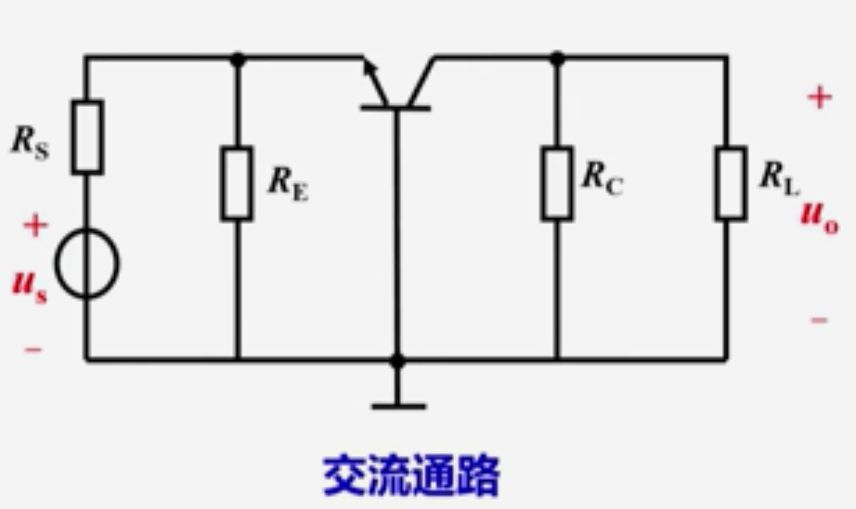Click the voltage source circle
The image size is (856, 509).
87,265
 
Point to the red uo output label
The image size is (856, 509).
819,219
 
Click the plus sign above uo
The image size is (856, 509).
818,98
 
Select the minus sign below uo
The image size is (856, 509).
819,320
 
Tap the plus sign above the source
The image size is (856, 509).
34,225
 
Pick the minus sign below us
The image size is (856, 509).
33,350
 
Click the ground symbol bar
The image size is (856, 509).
397,406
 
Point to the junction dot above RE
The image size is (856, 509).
237,58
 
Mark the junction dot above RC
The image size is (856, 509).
557,58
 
